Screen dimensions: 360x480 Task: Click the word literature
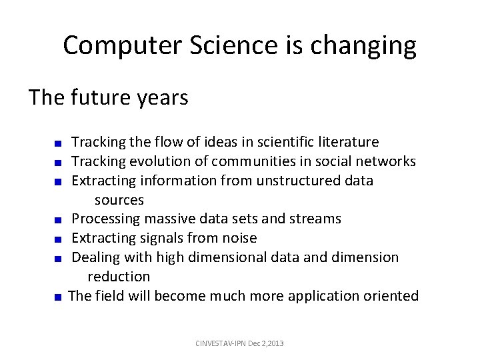coord(347,142)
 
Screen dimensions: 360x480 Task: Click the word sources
coord(119,200)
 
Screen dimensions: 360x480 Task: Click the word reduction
coord(119,276)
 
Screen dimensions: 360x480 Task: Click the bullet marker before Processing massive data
coord(59,219)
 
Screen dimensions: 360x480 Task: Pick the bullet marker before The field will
coord(59,296)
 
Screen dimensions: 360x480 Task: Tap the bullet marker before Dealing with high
coord(59,258)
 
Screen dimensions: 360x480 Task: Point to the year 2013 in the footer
coord(275,343)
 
